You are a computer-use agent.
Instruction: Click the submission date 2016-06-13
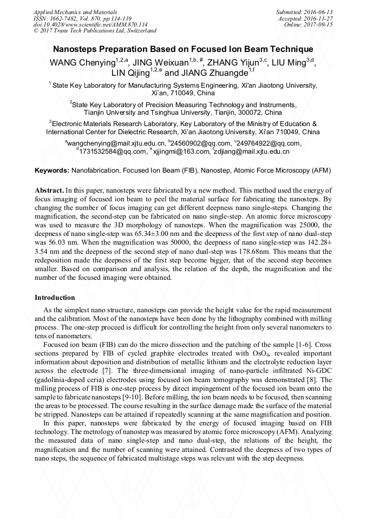pos(319,12)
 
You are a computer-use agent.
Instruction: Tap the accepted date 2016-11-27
pos(319,18)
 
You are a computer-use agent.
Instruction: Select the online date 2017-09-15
pos(319,25)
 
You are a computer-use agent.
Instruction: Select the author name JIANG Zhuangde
pos(212,73)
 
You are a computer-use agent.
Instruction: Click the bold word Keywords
pos(51,170)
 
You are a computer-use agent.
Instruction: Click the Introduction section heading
pos(55,298)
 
